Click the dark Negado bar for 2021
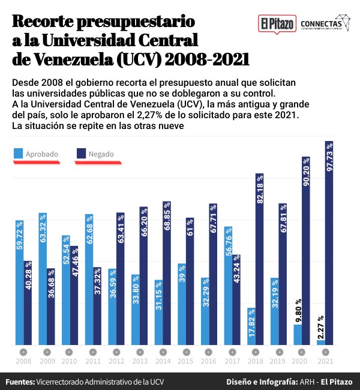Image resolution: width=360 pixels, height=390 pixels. [x=329, y=243]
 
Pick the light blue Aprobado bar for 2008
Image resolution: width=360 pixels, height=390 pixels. [x=20, y=282]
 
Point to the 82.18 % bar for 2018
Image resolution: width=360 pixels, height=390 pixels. [x=260, y=259]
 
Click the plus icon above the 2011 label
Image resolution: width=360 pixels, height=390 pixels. [x=92, y=351]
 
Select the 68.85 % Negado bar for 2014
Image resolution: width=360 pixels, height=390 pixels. [x=167, y=273]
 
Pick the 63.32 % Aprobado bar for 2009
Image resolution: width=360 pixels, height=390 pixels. [x=43, y=278]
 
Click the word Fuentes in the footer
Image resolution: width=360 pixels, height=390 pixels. [x=20, y=382]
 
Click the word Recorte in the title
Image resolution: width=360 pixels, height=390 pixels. [x=47, y=22]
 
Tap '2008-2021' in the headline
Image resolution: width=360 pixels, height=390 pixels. [x=208, y=60]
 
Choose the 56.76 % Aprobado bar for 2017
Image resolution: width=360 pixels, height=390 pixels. [x=228, y=286]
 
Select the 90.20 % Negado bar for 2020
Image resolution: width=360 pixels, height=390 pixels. [x=306, y=251]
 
